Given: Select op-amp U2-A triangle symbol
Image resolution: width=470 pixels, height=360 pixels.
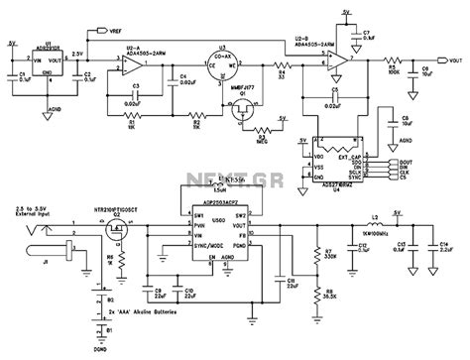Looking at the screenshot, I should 131,65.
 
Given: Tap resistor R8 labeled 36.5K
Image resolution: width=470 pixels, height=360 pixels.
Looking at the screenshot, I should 316,294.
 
